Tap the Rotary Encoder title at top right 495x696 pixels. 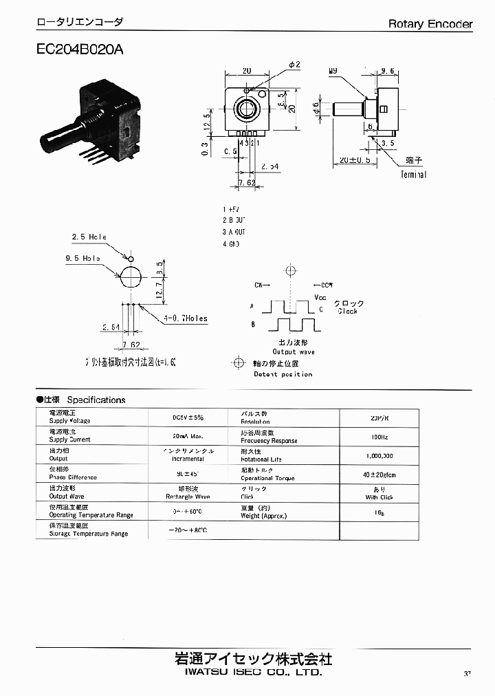[430, 24]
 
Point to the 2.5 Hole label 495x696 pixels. [89, 237]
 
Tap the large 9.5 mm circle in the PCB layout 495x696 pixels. [131, 277]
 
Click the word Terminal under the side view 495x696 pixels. [413, 175]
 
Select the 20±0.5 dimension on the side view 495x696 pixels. [355, 160]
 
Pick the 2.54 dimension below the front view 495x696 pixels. [270, 167]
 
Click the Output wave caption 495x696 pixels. [294, 351]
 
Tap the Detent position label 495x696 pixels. [283, 374]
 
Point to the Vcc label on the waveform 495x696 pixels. [320, 297]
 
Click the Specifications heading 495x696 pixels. [96, 400]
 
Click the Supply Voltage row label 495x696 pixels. [69, 420]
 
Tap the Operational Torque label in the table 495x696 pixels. [267, 478]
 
